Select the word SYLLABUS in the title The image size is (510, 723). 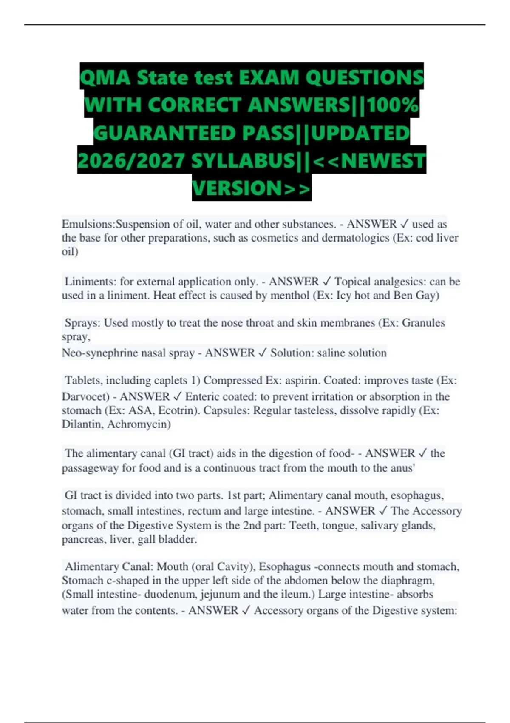pyautogui.click(x=243, y=161)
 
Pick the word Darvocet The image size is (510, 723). pyautogui.click(x=85, y=397)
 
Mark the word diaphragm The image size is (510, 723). pyautogui.click(x=407, y=581)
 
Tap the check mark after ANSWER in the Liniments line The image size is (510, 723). pyautogui.click(x=327, y=282)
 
